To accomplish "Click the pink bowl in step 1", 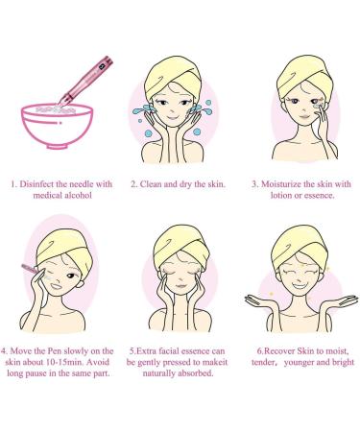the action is [x=57, y=126].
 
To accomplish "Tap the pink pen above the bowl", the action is [x=86, y=81].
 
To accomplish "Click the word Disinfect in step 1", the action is [x=36, y=184].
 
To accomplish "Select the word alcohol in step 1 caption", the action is [x=78, y=196].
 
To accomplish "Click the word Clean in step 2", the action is [x=151, y=184].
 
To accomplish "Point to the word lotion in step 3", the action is [x=280, y=196].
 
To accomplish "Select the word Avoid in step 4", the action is [x=98, y=362].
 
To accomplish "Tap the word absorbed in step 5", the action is [x=196, y=373].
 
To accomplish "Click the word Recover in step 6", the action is [x=279, y=351].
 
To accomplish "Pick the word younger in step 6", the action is [x=299, y=363].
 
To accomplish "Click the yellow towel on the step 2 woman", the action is [x=173, y=75].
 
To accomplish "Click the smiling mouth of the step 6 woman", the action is [x=300, y=285].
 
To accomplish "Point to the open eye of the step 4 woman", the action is [x=70, y=276].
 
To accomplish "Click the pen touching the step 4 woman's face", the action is [x=31, y=268].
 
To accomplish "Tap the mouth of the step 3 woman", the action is [x=303, y=117].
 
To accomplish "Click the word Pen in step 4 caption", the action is [x=55, y=351].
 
